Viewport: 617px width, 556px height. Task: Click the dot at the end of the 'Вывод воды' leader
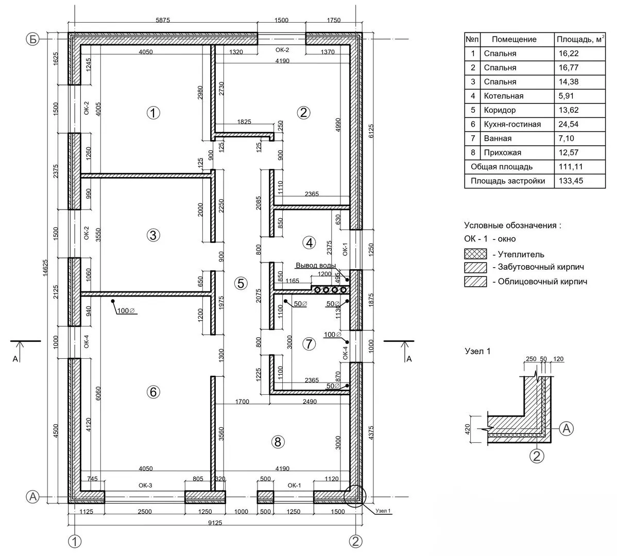[x=347, y=280]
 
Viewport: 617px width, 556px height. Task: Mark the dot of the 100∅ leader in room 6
[x=113, y=301]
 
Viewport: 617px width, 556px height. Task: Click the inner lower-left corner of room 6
[x=81, y=490]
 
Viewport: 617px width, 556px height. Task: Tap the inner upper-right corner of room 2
[x=350, y=45]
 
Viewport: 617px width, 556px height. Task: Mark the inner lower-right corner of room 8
[x=350, y=490]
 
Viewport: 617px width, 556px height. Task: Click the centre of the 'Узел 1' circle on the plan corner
[x=355, y=496]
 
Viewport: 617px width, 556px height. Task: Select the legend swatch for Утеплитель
[x=475, y=254]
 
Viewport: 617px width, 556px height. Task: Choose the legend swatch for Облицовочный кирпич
[x=475, y=282]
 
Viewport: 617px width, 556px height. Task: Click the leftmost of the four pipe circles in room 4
[x=317, y=290]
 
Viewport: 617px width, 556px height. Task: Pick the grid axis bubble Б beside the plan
[x=33, y=39]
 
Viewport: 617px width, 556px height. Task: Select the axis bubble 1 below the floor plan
[x=74, y=542]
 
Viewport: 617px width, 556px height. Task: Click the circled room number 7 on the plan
[x=309, y=344]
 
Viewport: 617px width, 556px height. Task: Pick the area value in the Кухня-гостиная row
[x=569, y=124]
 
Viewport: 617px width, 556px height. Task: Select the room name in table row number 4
[x=503, y=96]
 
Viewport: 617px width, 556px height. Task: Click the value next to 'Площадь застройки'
[x=571, y=181]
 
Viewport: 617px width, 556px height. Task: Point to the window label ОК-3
[x=145, y=485]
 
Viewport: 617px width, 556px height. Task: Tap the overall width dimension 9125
[x=215, y=523]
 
